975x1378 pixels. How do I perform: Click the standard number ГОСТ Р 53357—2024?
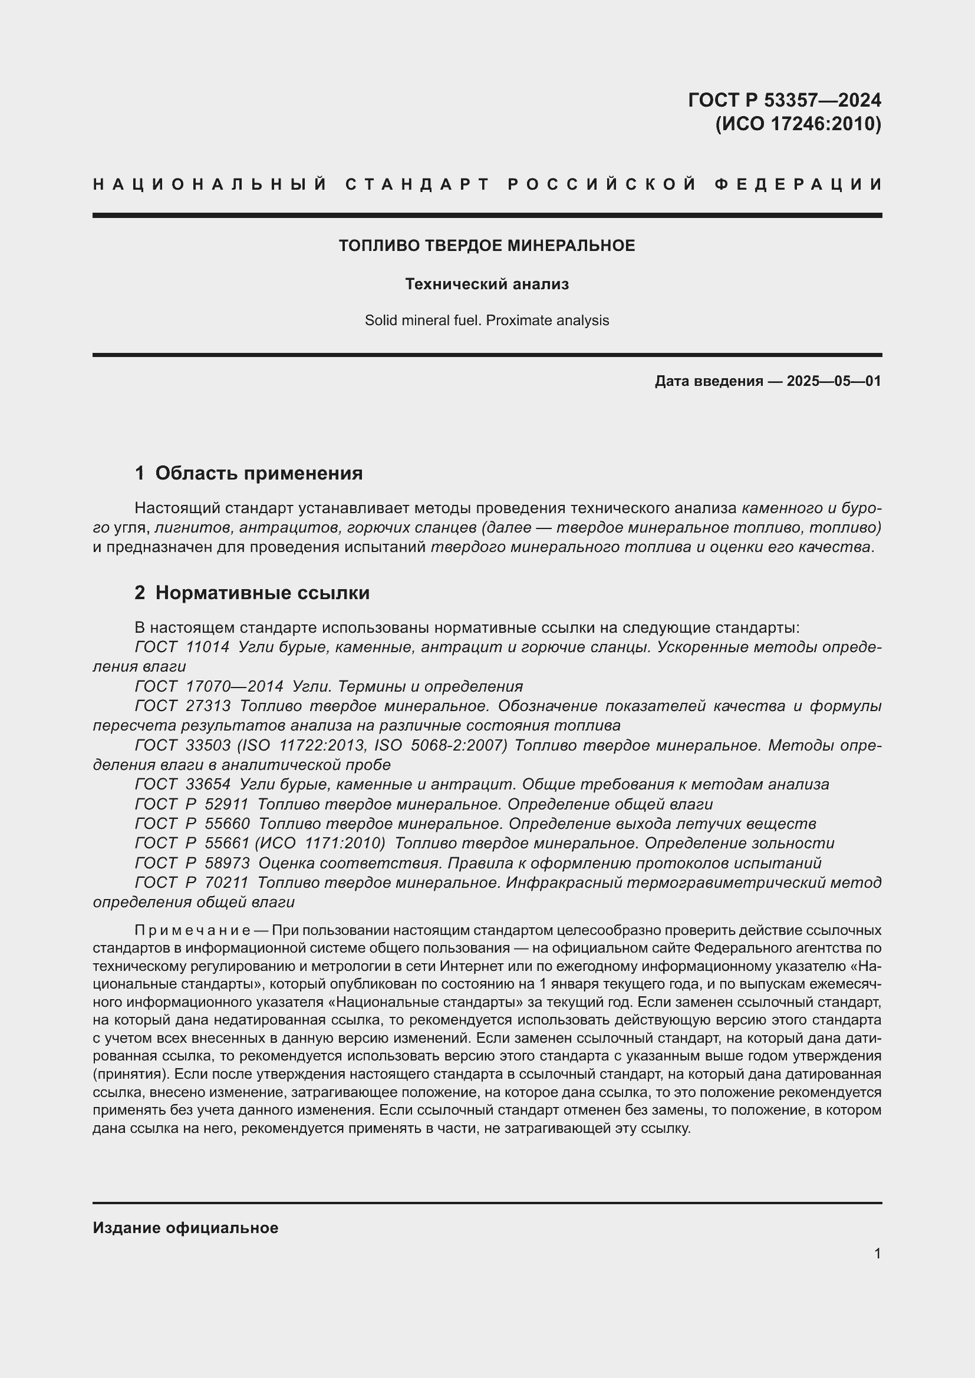click(784, 100)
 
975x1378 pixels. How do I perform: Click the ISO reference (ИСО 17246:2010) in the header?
click(798, 124)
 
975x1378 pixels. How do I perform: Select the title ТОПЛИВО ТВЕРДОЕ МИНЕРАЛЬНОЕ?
click(487, 246)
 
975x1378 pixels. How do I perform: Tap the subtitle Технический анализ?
click(487, 284)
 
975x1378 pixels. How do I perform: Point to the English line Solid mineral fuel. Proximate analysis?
click(487, 320)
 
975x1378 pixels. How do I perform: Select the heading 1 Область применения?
click(249, 474)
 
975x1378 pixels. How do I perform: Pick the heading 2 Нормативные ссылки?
click(252, 593)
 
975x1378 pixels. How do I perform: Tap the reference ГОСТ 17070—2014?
click(208, 686)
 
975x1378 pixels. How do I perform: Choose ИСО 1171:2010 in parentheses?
click(319, 843)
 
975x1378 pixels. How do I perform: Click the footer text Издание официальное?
click(186, 1228)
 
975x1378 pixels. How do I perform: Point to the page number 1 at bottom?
click(877, 1254)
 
